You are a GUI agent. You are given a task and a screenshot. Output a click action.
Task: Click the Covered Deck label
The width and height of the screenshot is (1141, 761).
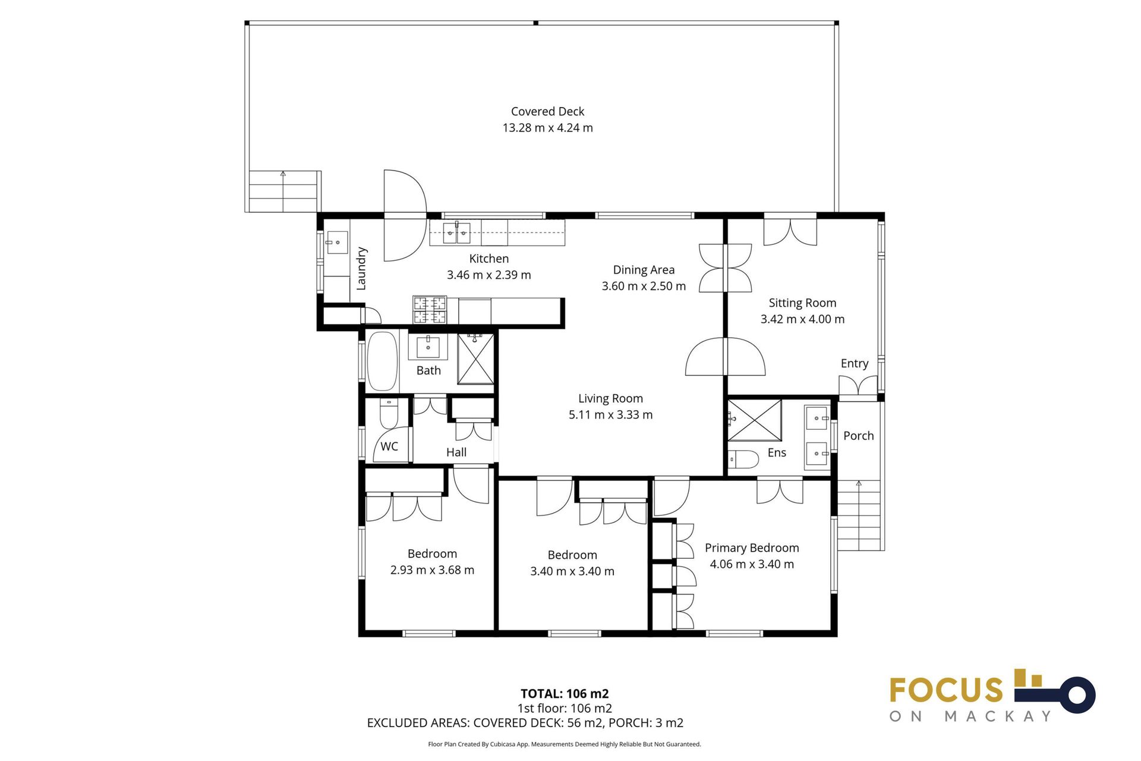547,112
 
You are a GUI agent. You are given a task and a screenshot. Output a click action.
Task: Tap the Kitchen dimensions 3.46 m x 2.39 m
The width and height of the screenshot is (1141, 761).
488,275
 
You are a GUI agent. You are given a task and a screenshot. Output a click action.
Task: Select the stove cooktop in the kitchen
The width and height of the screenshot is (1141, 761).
430,310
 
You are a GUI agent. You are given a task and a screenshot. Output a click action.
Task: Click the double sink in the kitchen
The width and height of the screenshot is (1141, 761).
456,233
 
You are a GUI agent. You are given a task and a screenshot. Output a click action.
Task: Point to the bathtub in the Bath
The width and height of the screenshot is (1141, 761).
382,361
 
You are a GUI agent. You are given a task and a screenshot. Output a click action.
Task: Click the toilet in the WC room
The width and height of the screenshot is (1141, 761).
389,413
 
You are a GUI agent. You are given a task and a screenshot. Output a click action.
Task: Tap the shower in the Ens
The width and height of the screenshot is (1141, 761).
754,420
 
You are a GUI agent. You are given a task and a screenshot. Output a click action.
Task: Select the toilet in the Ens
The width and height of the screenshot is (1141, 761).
744,459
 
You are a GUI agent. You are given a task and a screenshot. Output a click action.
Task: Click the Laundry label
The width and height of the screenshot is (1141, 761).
361,269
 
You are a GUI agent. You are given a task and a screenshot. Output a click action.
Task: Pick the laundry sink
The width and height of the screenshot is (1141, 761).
337,243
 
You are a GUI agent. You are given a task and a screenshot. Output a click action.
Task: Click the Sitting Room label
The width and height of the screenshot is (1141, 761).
802,303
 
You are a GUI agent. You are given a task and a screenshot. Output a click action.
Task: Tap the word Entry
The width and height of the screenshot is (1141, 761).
854,363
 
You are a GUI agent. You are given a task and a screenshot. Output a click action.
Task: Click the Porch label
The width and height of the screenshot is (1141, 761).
858,436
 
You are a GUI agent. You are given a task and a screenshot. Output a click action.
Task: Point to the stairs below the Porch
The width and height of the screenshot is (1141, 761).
859,515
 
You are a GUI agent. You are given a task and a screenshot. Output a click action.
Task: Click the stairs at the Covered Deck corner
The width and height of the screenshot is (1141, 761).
283,191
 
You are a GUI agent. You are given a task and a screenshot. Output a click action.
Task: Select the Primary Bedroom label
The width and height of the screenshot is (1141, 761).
752,548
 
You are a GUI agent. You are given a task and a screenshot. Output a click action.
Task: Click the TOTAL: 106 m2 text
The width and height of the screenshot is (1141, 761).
565,693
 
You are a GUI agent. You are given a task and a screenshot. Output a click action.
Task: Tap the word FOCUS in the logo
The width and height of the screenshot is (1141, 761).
946,690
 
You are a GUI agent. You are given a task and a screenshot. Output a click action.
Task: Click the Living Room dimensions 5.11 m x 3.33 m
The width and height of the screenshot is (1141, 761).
610,415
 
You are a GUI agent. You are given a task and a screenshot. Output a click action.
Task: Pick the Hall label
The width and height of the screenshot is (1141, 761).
456,452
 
